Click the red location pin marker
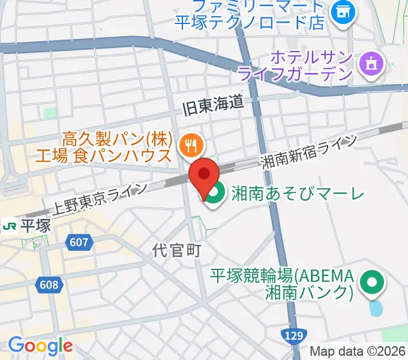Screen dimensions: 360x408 pos(204,176)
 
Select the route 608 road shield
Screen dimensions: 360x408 pos(50,284)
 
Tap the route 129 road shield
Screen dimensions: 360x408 pos(299,337)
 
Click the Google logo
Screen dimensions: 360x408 pos(40,346)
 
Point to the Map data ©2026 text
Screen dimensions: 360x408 pos(358,352)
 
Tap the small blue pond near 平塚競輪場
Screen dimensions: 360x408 pos(376,308)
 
